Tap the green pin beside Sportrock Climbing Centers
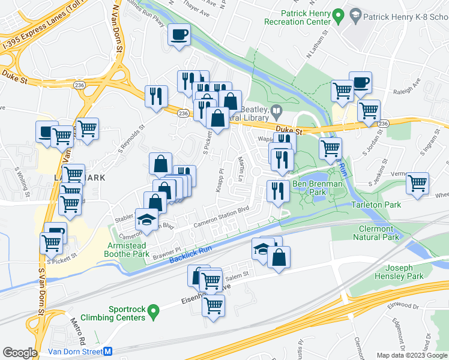pos(154,311)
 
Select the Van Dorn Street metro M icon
pos(108,352)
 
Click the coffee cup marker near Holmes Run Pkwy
pos(179,34)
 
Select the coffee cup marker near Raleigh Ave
pos(361,82)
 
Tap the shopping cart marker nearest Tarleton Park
pos(417,182)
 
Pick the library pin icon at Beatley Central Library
pos(276,110)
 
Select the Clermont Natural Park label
pos(370,233)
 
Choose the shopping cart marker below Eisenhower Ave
pos(214,305)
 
